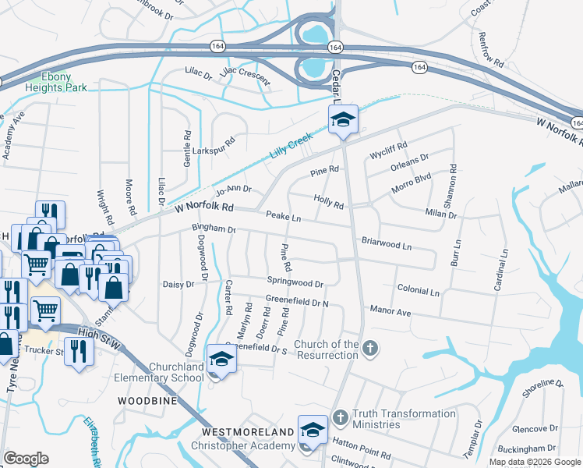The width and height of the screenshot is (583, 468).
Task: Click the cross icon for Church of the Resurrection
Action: [x=370, y=348]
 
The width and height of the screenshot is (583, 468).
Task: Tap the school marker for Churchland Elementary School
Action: [x=221, y=360]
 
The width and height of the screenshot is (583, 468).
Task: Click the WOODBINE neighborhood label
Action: [x=147, y=400]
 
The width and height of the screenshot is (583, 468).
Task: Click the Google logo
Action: [x=26, y=459]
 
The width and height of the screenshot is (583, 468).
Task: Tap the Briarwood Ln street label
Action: [x=386, y=243]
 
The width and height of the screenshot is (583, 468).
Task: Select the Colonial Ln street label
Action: [x=418, y=291]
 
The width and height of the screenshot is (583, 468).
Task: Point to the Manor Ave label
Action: [x=390, y=311]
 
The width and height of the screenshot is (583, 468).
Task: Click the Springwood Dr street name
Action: [x=295, y=283]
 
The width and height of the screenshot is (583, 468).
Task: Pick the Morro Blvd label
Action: [x=412, y=179]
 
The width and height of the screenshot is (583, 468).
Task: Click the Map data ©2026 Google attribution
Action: [x=535, y=462]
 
